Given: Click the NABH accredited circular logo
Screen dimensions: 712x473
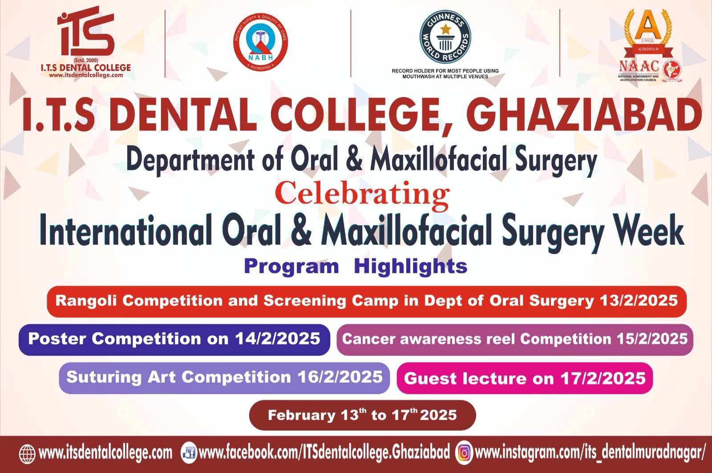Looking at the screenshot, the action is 261,45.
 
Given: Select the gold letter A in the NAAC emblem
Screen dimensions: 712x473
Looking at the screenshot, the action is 648,28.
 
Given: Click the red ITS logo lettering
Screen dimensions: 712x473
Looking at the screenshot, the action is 86,35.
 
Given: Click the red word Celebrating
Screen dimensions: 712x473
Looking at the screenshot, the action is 362,194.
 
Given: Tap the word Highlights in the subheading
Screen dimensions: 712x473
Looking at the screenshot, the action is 411,266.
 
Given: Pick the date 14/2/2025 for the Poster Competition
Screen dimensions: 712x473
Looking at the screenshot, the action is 278,339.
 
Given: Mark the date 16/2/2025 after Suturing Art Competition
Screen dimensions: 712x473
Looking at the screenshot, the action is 340,377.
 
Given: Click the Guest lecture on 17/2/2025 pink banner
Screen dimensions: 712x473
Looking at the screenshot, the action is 525,378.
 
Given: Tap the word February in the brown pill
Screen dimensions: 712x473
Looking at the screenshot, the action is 301,416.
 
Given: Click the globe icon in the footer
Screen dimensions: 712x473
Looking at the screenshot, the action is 27,453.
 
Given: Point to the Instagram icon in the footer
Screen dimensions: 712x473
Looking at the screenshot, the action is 464,453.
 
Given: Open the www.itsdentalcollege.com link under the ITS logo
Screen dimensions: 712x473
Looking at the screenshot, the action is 86,75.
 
